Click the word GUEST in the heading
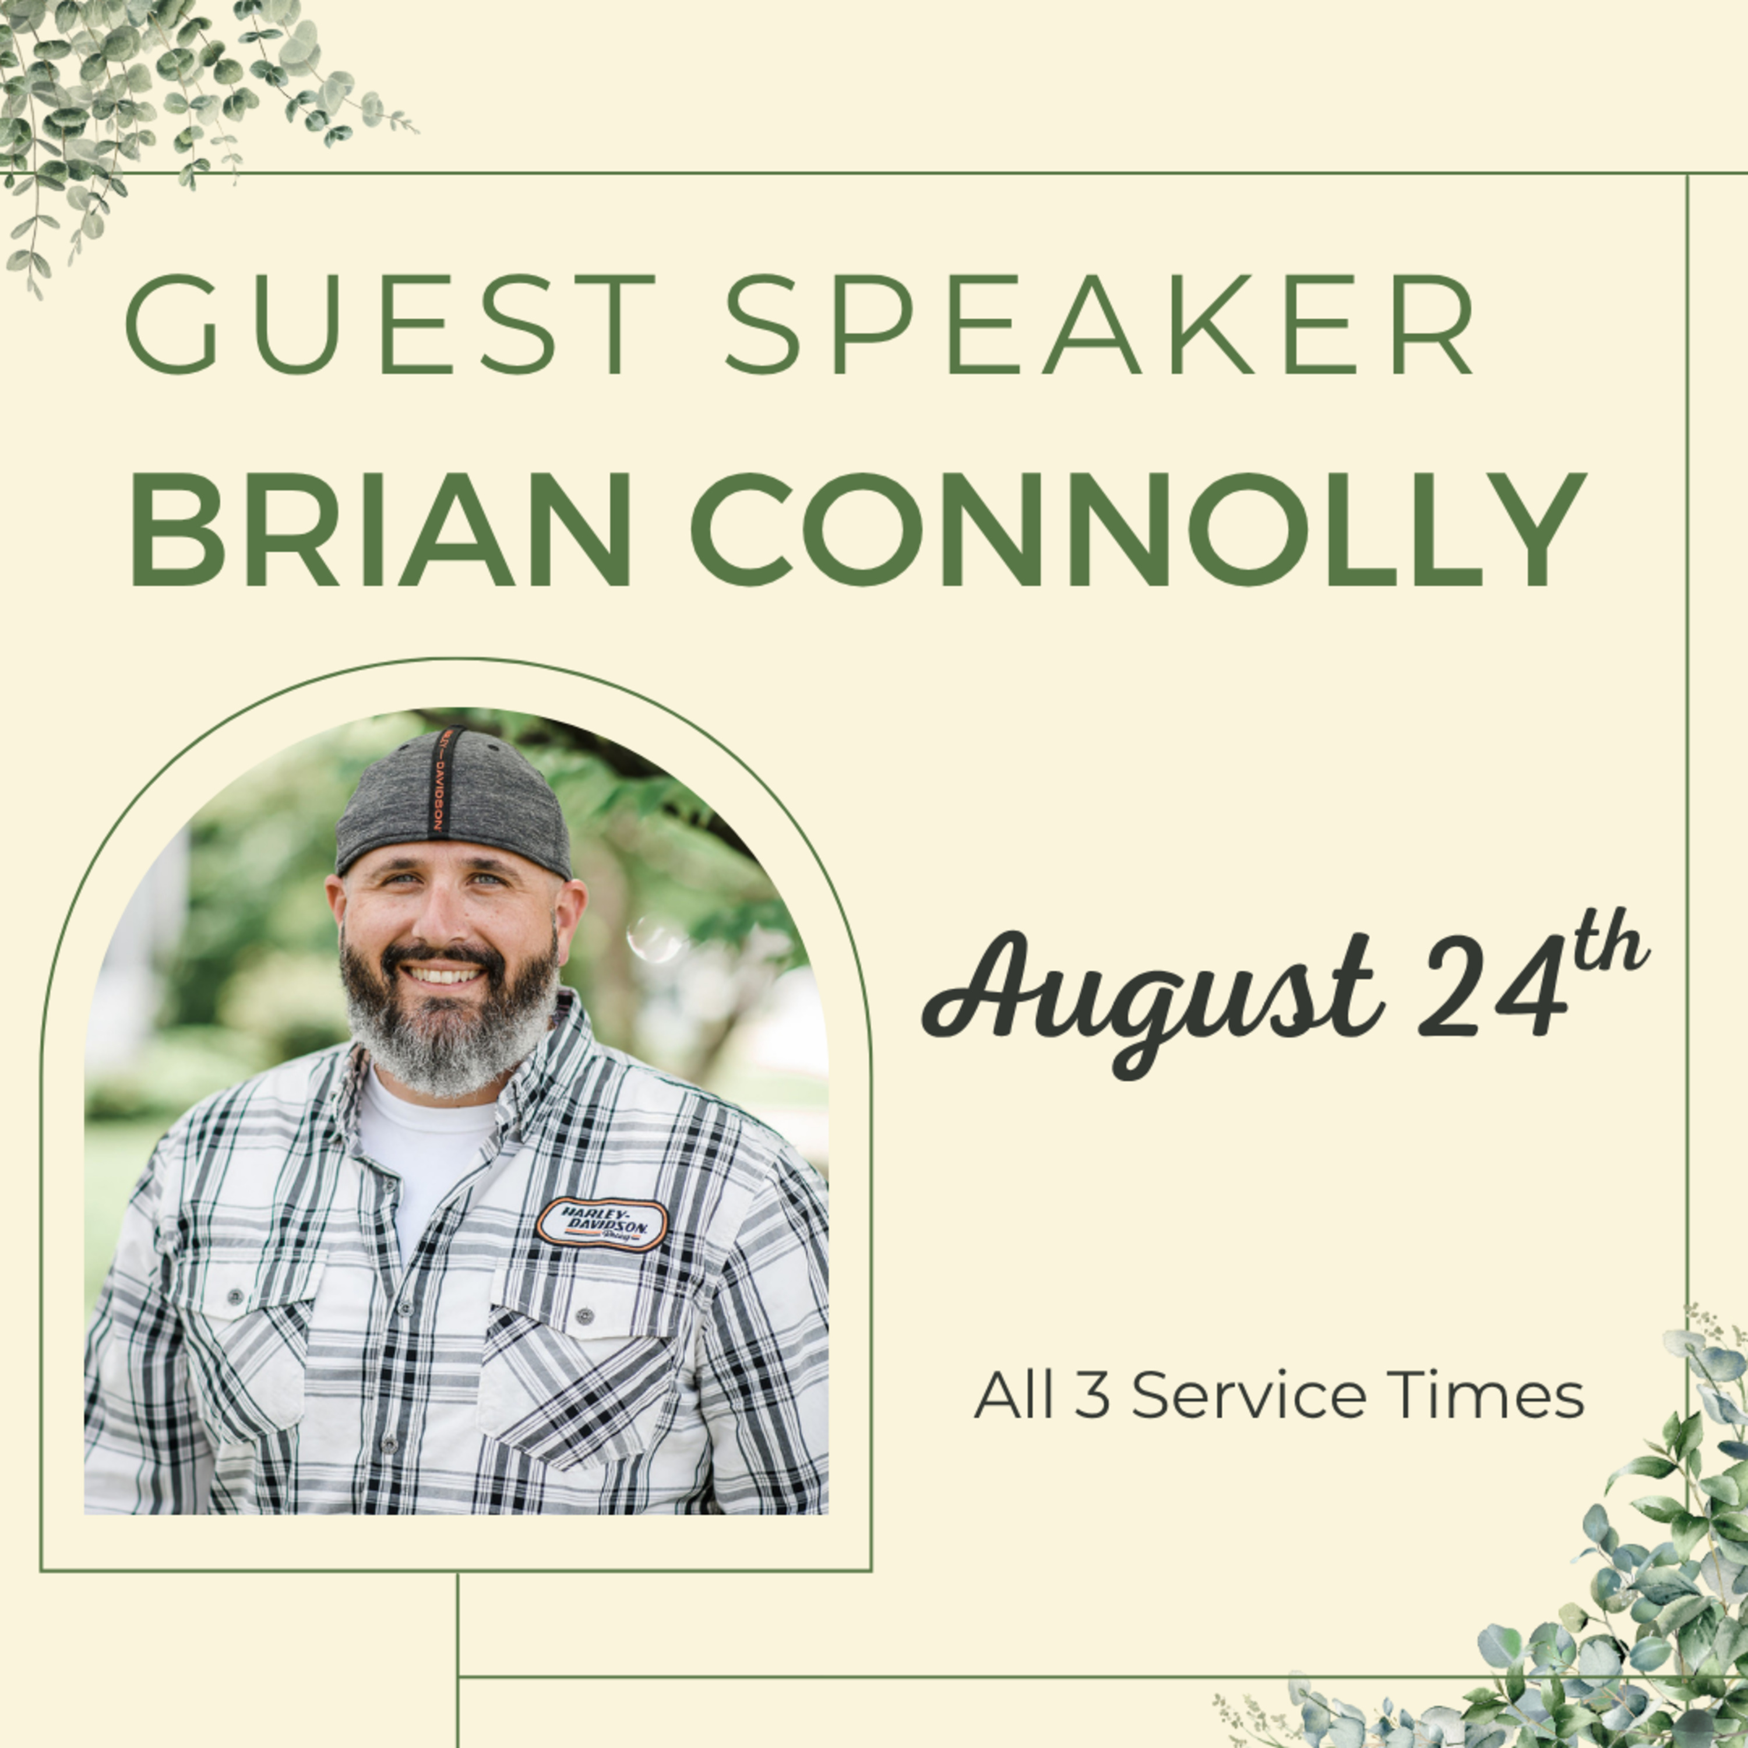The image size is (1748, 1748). pyautogui.click(x=389, y=324)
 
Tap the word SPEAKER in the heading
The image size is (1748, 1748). pyautogui.click(x=1100, y=324)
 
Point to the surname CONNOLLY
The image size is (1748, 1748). pyautogui.click(x=1138, y=529)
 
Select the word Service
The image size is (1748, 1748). pyautogui.click(x=1247, y=1396)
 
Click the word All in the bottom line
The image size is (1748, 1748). pyautogui.click(x=1013, y=1396)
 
